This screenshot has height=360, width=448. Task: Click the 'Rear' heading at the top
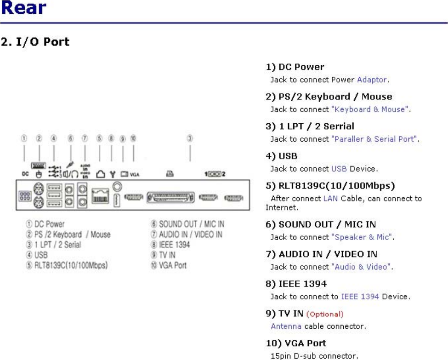point(23,8)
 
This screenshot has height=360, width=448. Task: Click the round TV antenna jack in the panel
point(118,187)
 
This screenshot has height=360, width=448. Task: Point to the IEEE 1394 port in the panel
point(117,200)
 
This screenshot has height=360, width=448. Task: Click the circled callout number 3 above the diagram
point(190,138)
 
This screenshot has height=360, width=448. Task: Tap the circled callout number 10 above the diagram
point(133,138)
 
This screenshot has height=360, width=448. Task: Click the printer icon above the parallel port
point(170,174)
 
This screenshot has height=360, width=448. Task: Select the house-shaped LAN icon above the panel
point(101,174)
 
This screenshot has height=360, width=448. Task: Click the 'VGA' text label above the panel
point(135,175)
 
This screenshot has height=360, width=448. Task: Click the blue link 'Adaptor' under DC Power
point(372,80)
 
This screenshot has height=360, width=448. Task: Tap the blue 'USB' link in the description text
point(339,169)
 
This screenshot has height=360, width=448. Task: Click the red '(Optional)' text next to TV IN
point(325,314)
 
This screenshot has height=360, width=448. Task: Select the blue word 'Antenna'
point(286,326)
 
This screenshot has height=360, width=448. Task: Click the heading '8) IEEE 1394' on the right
point(296,284)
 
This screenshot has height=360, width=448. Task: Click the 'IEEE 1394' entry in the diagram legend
point(174,245)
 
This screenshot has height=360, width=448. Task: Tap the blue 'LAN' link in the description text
point(330,199)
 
